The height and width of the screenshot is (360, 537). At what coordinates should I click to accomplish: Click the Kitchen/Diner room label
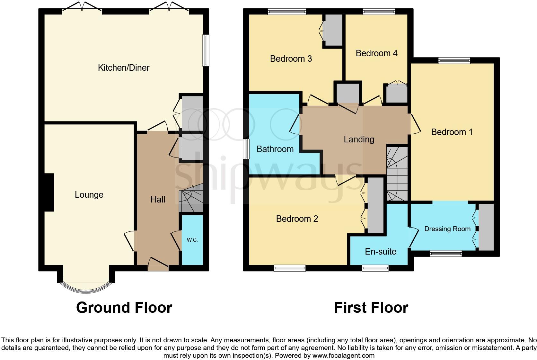click(x=124, y=68)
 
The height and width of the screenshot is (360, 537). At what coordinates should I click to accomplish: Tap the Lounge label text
click(x=89, y=195)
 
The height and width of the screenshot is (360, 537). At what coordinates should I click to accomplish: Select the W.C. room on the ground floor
click(x=192, y=240)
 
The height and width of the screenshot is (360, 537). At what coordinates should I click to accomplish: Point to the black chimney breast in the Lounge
click(x=49, y=192)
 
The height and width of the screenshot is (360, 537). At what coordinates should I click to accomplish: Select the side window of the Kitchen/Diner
click(x=206, y=50)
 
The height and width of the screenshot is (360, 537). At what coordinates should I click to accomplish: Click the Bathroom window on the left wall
click(x=246, y=148)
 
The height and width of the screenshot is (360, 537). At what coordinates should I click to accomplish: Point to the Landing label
click(x=359, y=139)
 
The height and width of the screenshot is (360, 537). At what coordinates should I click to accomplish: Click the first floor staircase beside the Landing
click(x=397, y=174)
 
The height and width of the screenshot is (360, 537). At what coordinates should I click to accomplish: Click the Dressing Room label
click(x=447, y=229)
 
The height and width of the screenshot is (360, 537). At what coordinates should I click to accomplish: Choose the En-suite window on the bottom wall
click(x=375, y=268)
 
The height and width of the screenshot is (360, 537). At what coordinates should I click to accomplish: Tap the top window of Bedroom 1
click(x=454, y=60)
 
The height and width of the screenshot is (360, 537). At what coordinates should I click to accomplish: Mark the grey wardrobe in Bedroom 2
click(x=375, y=205)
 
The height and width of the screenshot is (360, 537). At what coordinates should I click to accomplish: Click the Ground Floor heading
click(x=124, y=308)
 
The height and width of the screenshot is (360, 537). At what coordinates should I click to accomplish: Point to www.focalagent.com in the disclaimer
click(x=343, y=355)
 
